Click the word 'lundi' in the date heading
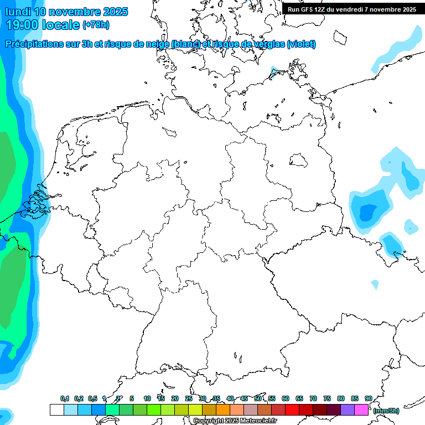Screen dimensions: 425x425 pyautogui.click(x=17, y=11)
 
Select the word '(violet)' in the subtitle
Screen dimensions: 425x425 pyautogui.click(x=302, y=44)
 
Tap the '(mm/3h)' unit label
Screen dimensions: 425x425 pyautogui.click(x=386, y=411)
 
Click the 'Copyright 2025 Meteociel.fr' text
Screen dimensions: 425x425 pyautogui.click(x=235, y=421)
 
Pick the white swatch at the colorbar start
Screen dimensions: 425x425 pyautogui.click(x=56, y=410)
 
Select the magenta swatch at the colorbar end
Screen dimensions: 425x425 pyautogui.click(x=361, y=410)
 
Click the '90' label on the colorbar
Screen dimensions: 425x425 pyautogui.click(x=368, y=398)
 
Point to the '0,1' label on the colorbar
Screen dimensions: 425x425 pyautogui.click(x=65, y=398)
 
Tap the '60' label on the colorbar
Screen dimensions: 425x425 pyautogui.click(x=286, y=398)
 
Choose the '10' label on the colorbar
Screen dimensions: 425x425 pyautogui.click(x=147, y=398)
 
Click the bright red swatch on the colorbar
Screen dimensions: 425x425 pyautogui.click(x=292, y=410)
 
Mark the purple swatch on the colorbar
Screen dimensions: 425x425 pyautogui.click(x=348, y=410)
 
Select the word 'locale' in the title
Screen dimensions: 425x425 pyautogui.click(x=62, y=24)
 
